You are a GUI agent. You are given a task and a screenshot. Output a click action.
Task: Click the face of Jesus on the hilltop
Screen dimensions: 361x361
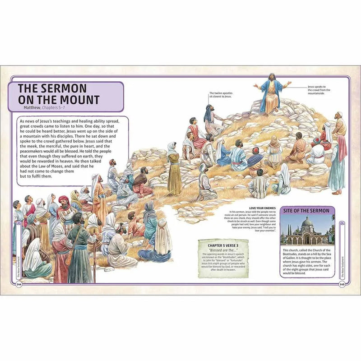(x=272, y=78)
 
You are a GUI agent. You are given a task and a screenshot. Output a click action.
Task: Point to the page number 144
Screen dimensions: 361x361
(x=19, y=284)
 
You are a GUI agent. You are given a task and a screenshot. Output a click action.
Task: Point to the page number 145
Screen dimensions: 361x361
(x=343, y=284)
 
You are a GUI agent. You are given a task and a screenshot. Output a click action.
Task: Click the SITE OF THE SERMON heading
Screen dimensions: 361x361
(x=306, y=211)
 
